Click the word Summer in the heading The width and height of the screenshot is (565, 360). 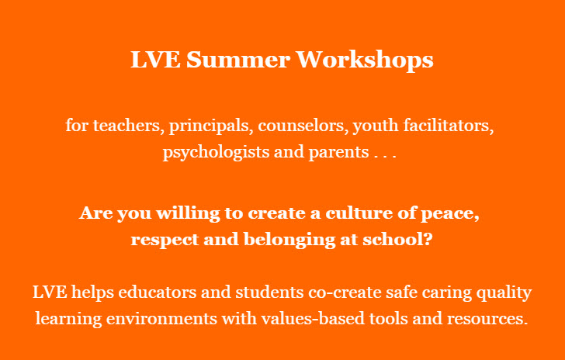(237, 60)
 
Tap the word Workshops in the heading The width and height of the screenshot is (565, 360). (365, 61)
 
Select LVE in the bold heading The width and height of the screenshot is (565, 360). (155, 60)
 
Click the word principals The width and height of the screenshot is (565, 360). (210, 126)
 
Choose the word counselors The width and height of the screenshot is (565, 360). (303, 126)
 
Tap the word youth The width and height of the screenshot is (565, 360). (376, 126)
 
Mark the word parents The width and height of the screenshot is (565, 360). (338, 153)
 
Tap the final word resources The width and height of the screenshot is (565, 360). (487, 320)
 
